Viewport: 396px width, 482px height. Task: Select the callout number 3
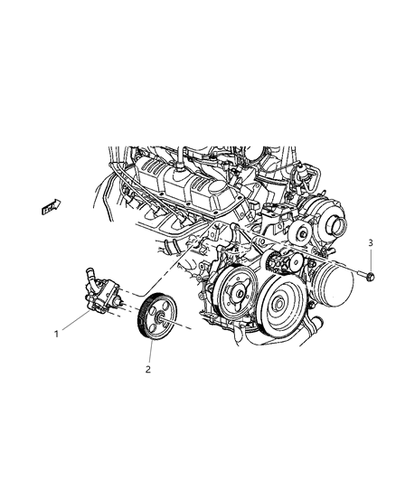coord(369,242)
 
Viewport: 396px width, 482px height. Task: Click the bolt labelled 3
coord(367,276)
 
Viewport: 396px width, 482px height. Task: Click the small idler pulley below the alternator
coord(288,263)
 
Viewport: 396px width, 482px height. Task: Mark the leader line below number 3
coord(369,259)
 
